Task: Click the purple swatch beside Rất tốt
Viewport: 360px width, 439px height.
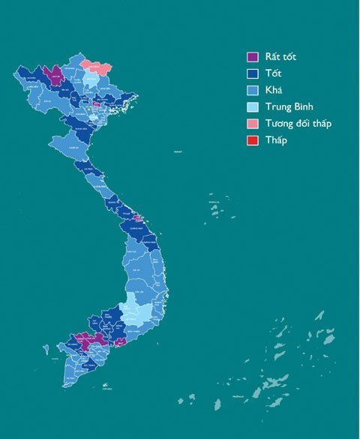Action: pyautogui.click(x=253, y=57)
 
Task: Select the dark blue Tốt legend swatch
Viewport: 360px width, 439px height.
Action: pyautogui.click(x=253, y=74)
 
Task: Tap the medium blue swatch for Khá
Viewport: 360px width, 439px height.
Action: pyautogui.click(x=253, y=90)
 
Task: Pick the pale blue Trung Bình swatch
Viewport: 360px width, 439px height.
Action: pyautogui.click(x=253, y=107)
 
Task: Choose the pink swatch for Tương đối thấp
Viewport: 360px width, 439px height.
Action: pyautogui.click(x=253, y=123)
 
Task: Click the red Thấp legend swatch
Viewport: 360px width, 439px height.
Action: pyautogui.click(x=253, y=140)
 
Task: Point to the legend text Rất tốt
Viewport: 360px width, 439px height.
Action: pyautogui.click(x=280, y=57)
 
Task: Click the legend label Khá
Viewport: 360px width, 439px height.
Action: pyautogui.click(x=274, y=90)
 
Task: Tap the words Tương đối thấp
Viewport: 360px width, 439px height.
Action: pyautogui.click(x=298, y=123)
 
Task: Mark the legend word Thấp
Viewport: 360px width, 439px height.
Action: pyautogui.click(x=276, y=140)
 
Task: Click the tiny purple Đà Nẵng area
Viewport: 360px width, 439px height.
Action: pyautogui.click(x=136, y=218)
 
